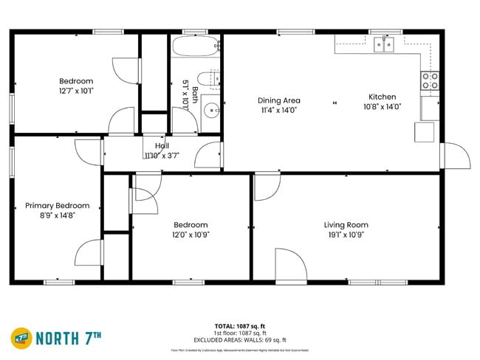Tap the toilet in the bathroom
coord(212,78)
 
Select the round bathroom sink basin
coord(211,111)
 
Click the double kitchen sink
coord(384,46)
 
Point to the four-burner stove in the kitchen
coord(429,80)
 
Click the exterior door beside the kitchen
coord(455,156)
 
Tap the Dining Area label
coord(277,100)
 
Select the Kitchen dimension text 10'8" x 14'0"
coord(382,107)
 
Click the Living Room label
coord(346,225)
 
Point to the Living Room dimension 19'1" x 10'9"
coord(346,235)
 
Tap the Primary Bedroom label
coord(58,206)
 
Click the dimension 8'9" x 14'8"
coord(58,215)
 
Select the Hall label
coord(162,146)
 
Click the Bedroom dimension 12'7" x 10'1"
coord(76,91)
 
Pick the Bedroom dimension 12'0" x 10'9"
coord(191,235)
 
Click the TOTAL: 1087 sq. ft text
coord(239,325)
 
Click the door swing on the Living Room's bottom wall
coord(290,265)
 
